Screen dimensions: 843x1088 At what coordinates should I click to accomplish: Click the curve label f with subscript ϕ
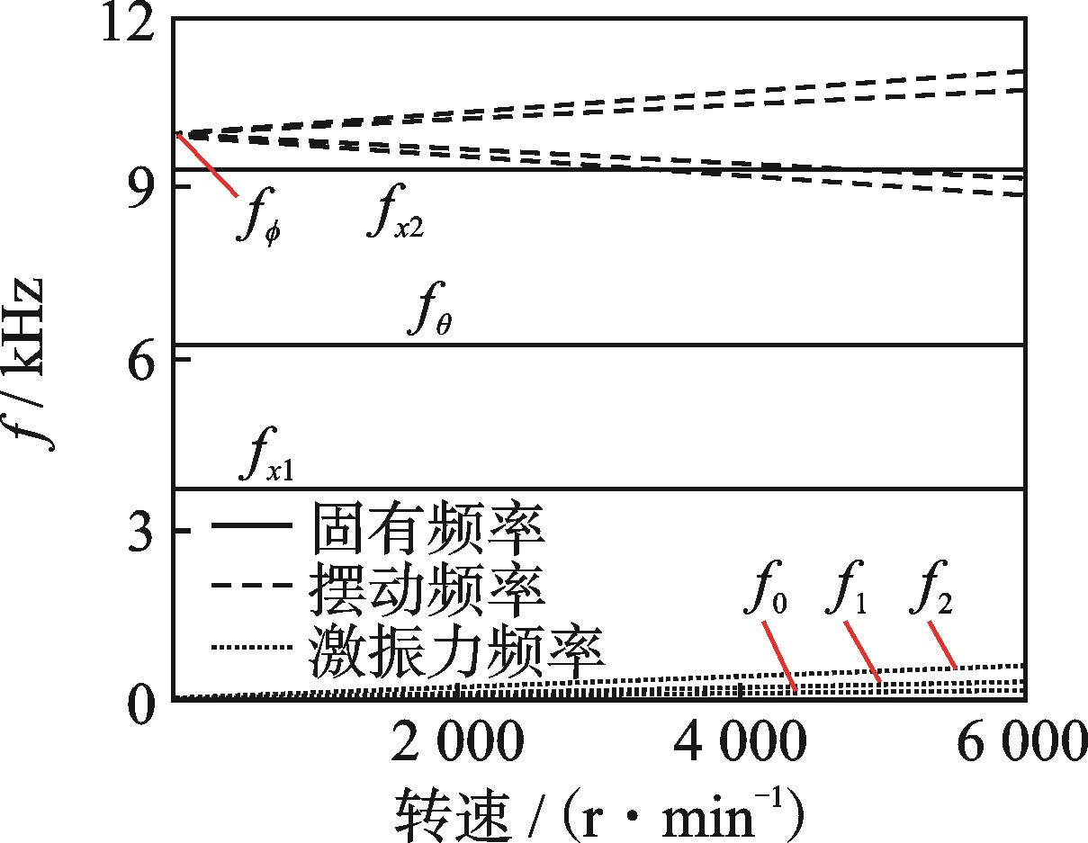(260, 220)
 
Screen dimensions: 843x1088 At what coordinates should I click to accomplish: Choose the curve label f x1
(266, 454)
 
